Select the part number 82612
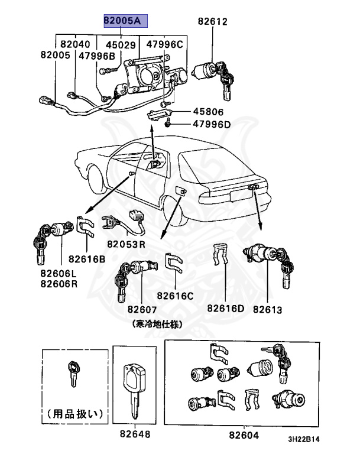(212, 22)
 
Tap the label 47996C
(165, 44)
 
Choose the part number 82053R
(126, 244)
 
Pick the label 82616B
(86, 258)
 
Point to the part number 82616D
(225, 309)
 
